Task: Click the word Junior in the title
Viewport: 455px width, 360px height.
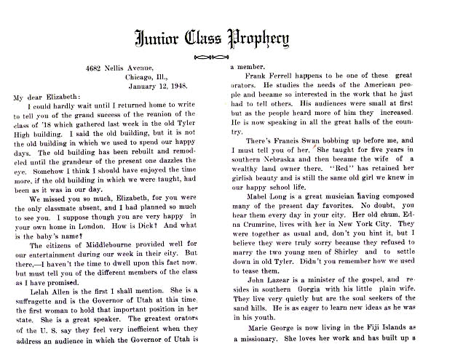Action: pyautogui.click(x=164, y=36)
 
